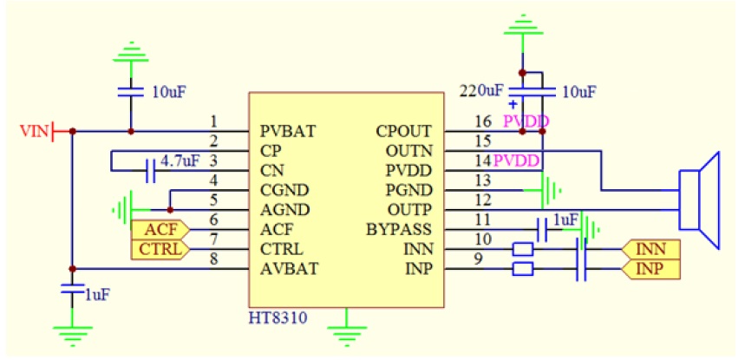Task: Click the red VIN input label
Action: (35, 132)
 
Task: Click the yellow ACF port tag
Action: (158, 231)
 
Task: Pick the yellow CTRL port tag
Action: (158, 250)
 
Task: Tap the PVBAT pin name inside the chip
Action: (287, 132)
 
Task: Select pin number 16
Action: (481, 121)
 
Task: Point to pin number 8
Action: (214, 259)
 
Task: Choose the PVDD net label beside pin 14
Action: (518, 161)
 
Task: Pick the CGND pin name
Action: (284, 191)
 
